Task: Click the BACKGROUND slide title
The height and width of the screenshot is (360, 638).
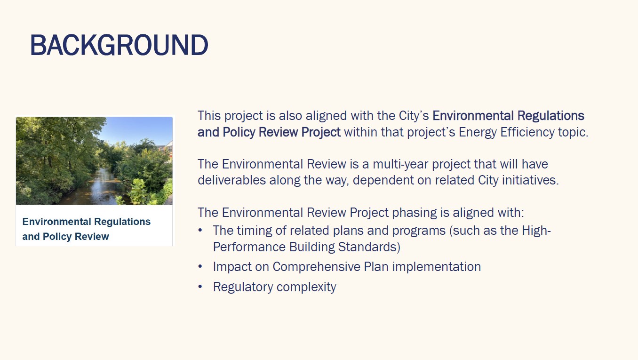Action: click(x=120, y=45)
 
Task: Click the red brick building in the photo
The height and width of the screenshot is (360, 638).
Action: click(x=167, y=150)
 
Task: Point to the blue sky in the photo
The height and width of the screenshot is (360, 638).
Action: click(x=134, y=129)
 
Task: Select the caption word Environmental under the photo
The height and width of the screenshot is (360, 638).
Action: click(x=56, y=222)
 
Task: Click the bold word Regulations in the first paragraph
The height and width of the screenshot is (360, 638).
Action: click(x=550, y=116)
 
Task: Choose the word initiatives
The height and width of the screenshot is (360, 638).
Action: click(x=530, y=180)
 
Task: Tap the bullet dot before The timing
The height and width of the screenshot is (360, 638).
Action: click(x=200, y=230)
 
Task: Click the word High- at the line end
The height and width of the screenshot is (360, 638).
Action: click(x=536, y=231)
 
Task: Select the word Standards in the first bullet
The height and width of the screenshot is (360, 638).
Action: click(x=369, y=247)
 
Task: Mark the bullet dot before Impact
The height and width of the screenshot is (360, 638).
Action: click(x=200, y=266)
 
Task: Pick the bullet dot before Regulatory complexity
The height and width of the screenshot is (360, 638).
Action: click(x=200, y=287)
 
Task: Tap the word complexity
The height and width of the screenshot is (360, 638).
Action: click(x=306, y=287)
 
